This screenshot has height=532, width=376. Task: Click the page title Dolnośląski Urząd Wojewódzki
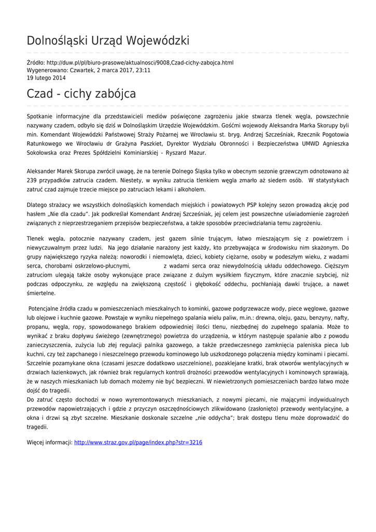pos(108,41)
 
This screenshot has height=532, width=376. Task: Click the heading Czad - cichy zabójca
pos(81,94)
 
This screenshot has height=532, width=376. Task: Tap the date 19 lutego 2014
pos(46,77)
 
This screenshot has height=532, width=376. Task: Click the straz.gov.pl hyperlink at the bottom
pos(138,443)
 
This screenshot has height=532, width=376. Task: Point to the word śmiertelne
pos(41,293)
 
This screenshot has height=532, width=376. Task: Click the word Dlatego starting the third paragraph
pos(38,205)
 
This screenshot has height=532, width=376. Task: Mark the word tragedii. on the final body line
pos(37,427)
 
